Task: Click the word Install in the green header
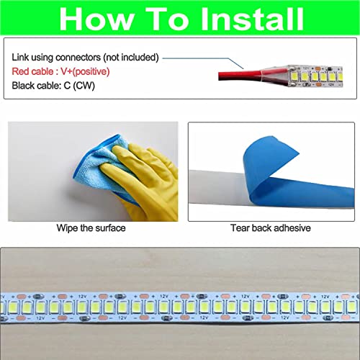[252, 19]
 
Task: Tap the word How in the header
[96, 19]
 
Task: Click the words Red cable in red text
[32, 71]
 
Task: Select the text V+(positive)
[85, 72]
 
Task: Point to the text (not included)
[131, 58]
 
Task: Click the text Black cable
[36, 86]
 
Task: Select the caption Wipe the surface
[91, 228]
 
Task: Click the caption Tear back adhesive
[271, 228]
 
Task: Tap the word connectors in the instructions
[78, 58]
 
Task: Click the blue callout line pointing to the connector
[204, 60]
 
